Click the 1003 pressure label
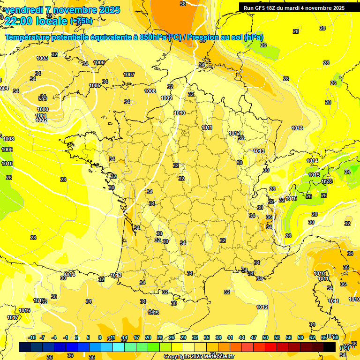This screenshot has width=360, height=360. (42, 58)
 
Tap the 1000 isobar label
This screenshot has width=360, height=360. (43, 109)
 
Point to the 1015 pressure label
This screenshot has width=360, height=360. (314, 175)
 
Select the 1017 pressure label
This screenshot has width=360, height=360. (13, 317)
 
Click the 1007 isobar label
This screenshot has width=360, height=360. (129, 75)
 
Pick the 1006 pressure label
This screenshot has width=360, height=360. (99, 62)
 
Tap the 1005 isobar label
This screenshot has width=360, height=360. (95, 85)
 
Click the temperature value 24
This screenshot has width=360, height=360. (347, 172)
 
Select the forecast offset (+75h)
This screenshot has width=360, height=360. (81, 21)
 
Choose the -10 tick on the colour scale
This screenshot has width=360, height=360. (32, 337)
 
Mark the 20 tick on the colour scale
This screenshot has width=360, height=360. (148, 337)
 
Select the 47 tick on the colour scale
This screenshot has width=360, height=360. (254, 337)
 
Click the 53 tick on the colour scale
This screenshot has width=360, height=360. (277, 337)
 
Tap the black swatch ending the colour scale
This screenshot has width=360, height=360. (330, 347)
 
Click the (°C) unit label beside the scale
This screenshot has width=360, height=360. (344, 348)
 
